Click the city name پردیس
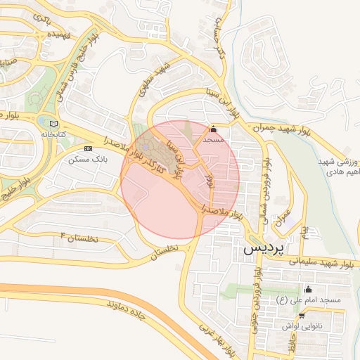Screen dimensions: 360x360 coord(263,250)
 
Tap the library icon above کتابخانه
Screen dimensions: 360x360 coord(54,124)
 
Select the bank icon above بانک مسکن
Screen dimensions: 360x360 coord(88,149)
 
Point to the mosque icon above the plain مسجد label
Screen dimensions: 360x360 coord(213,129)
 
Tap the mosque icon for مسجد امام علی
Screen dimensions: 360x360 coord(307,290)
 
